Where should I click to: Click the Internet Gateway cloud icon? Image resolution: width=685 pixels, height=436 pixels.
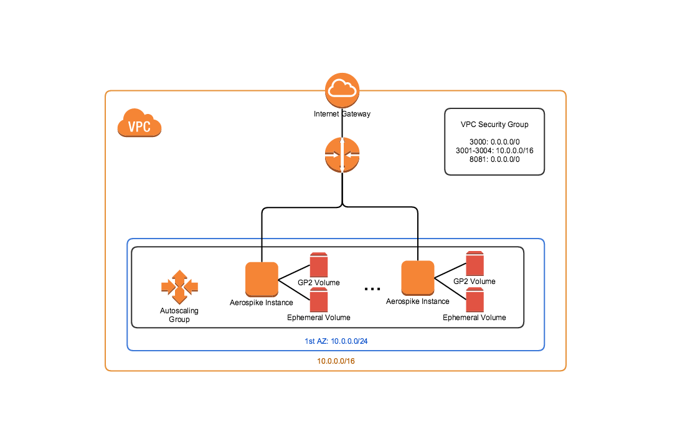click(342, 90)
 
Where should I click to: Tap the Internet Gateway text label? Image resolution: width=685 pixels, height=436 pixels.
click(342, 114)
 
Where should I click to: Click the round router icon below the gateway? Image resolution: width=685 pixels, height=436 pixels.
click(342, 156)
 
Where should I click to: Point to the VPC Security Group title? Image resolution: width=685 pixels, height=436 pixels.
click(494, 125)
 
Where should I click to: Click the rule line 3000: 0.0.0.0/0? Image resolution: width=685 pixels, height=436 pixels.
click(494, 142)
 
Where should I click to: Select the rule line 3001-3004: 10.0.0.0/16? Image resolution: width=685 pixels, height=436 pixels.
click(494, 151)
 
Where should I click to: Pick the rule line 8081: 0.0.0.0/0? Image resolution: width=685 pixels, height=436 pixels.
click(494, 159)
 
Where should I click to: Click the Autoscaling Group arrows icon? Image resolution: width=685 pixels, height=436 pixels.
click(179, 287)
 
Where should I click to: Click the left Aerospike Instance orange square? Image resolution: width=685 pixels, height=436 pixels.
click(262, 279)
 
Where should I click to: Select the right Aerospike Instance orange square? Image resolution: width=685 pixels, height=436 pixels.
click(417, 278)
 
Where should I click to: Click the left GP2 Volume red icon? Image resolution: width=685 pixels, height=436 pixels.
click(319, 265)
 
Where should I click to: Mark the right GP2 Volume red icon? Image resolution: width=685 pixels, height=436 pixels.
click(475, 263)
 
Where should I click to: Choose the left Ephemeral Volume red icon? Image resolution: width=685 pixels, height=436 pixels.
click(319, 300)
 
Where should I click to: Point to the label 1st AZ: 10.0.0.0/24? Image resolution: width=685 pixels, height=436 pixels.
click(335, 341)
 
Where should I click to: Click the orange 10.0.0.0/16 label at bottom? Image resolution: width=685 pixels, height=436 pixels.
click(336, 361)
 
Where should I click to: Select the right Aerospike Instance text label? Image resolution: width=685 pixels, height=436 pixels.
click(417, 301)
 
